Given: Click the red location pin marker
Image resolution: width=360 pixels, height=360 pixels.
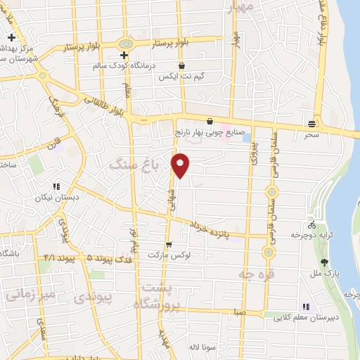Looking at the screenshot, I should (181, 165).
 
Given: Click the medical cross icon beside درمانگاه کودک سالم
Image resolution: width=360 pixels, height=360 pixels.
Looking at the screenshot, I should (124, 55).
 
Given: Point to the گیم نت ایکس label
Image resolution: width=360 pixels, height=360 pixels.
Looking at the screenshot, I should (184, 75).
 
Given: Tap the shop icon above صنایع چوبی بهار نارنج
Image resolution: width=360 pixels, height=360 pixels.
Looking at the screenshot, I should (210, 121).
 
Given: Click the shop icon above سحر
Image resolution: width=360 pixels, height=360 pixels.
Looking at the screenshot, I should (311, 124).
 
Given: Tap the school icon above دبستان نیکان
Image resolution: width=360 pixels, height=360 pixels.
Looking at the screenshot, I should (55, 187).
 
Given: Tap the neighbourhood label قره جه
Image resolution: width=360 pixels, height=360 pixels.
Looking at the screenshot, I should (255, 274).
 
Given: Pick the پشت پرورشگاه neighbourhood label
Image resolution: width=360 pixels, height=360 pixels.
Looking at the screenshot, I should (162, 296).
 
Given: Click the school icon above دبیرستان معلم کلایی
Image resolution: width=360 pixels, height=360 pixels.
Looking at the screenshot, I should (305, 307).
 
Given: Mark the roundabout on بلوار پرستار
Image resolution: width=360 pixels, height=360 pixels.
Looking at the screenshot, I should (127, 44).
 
